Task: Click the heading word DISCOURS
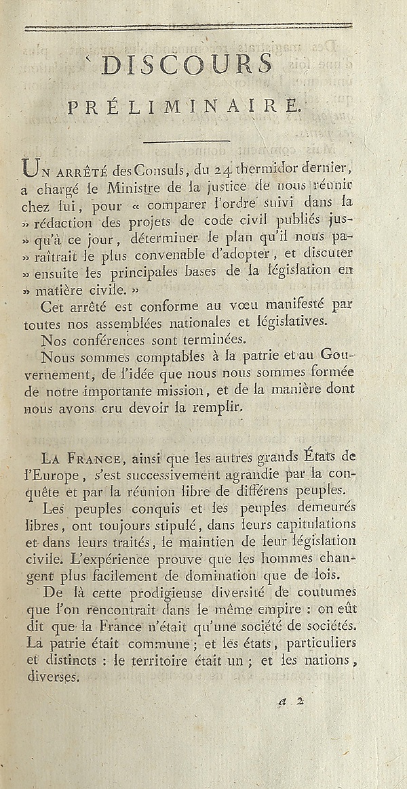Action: click(x=187, y=64)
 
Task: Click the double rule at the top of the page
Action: click(x=189, y=27)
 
